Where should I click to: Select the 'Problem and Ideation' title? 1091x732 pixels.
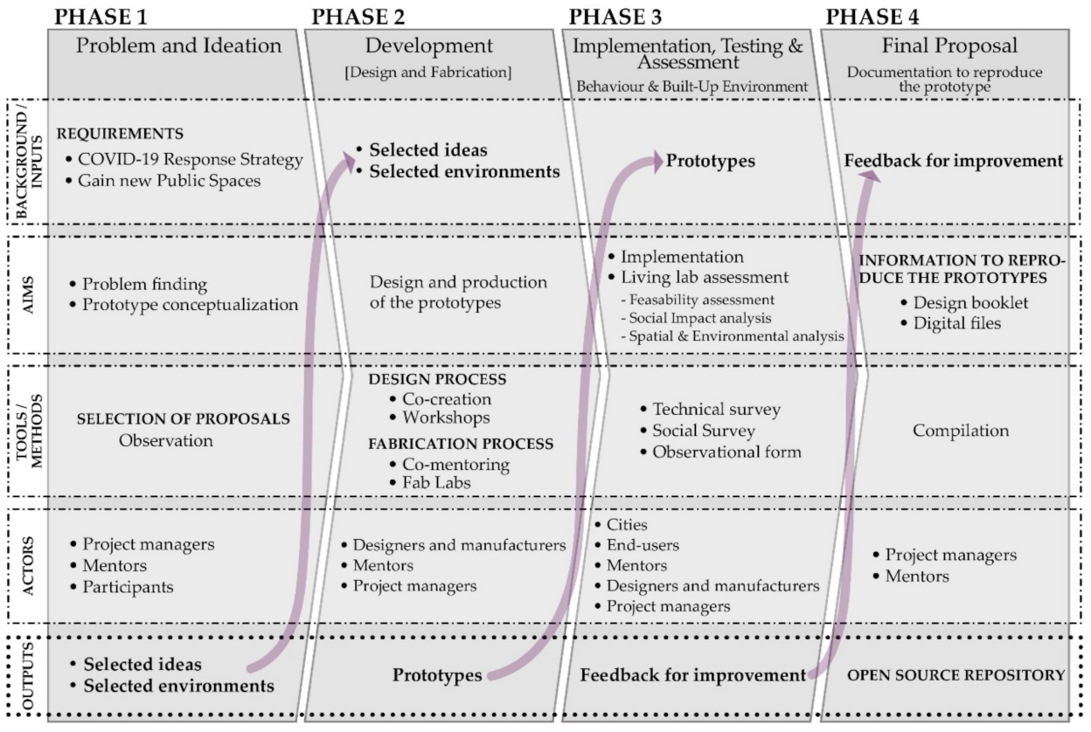(x=179, y=46)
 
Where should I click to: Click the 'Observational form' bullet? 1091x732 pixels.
(x=726, y=452)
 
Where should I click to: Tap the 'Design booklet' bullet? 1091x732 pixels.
(x=959, y=302)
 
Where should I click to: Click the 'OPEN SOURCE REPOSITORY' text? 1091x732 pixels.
(x=955, y=675)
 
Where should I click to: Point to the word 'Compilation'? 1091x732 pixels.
(x=961, y=431)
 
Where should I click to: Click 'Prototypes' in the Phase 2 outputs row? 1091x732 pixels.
(x=437, y=675)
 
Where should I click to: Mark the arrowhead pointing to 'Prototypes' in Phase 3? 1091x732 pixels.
(x=656, y=160)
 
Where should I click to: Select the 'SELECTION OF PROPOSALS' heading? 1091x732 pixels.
(x=183, y=418)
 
